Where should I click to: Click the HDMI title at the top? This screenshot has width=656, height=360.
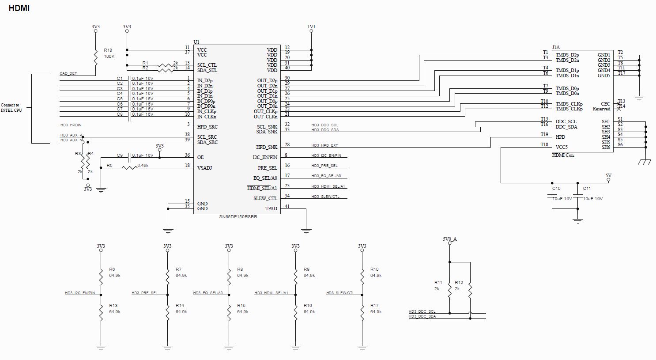(x=19, y=8)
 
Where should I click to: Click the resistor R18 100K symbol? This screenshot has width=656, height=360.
(x=95, y=56)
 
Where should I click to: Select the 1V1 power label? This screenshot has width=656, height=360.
(x=311, y=27)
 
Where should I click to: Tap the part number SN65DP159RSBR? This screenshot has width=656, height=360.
(x=238, y=217)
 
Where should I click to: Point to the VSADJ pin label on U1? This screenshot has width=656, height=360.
(x=204, y=167)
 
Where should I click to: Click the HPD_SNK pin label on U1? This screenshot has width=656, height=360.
(x=267, y=147)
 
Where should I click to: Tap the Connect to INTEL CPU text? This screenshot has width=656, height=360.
(x=11, y=108)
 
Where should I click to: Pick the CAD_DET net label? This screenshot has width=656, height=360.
(x=68, y=73)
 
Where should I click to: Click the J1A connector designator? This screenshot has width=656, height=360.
(x=556, y=47)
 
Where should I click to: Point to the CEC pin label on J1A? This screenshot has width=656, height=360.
(x=605, y=104)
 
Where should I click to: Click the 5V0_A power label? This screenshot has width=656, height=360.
(x=450, y=239)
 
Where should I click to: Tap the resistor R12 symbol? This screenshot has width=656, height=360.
(x=471, y=290)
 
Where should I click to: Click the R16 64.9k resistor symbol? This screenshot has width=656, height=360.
(x=295, y=312)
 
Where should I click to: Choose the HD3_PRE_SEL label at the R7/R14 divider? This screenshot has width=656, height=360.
(x=144, y=293)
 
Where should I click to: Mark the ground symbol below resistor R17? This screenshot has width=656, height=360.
(x=362, y=348)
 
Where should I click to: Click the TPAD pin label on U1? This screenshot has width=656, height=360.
(x=271, y=208)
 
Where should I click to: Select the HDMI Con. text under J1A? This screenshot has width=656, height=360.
(x=563, y=155)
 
